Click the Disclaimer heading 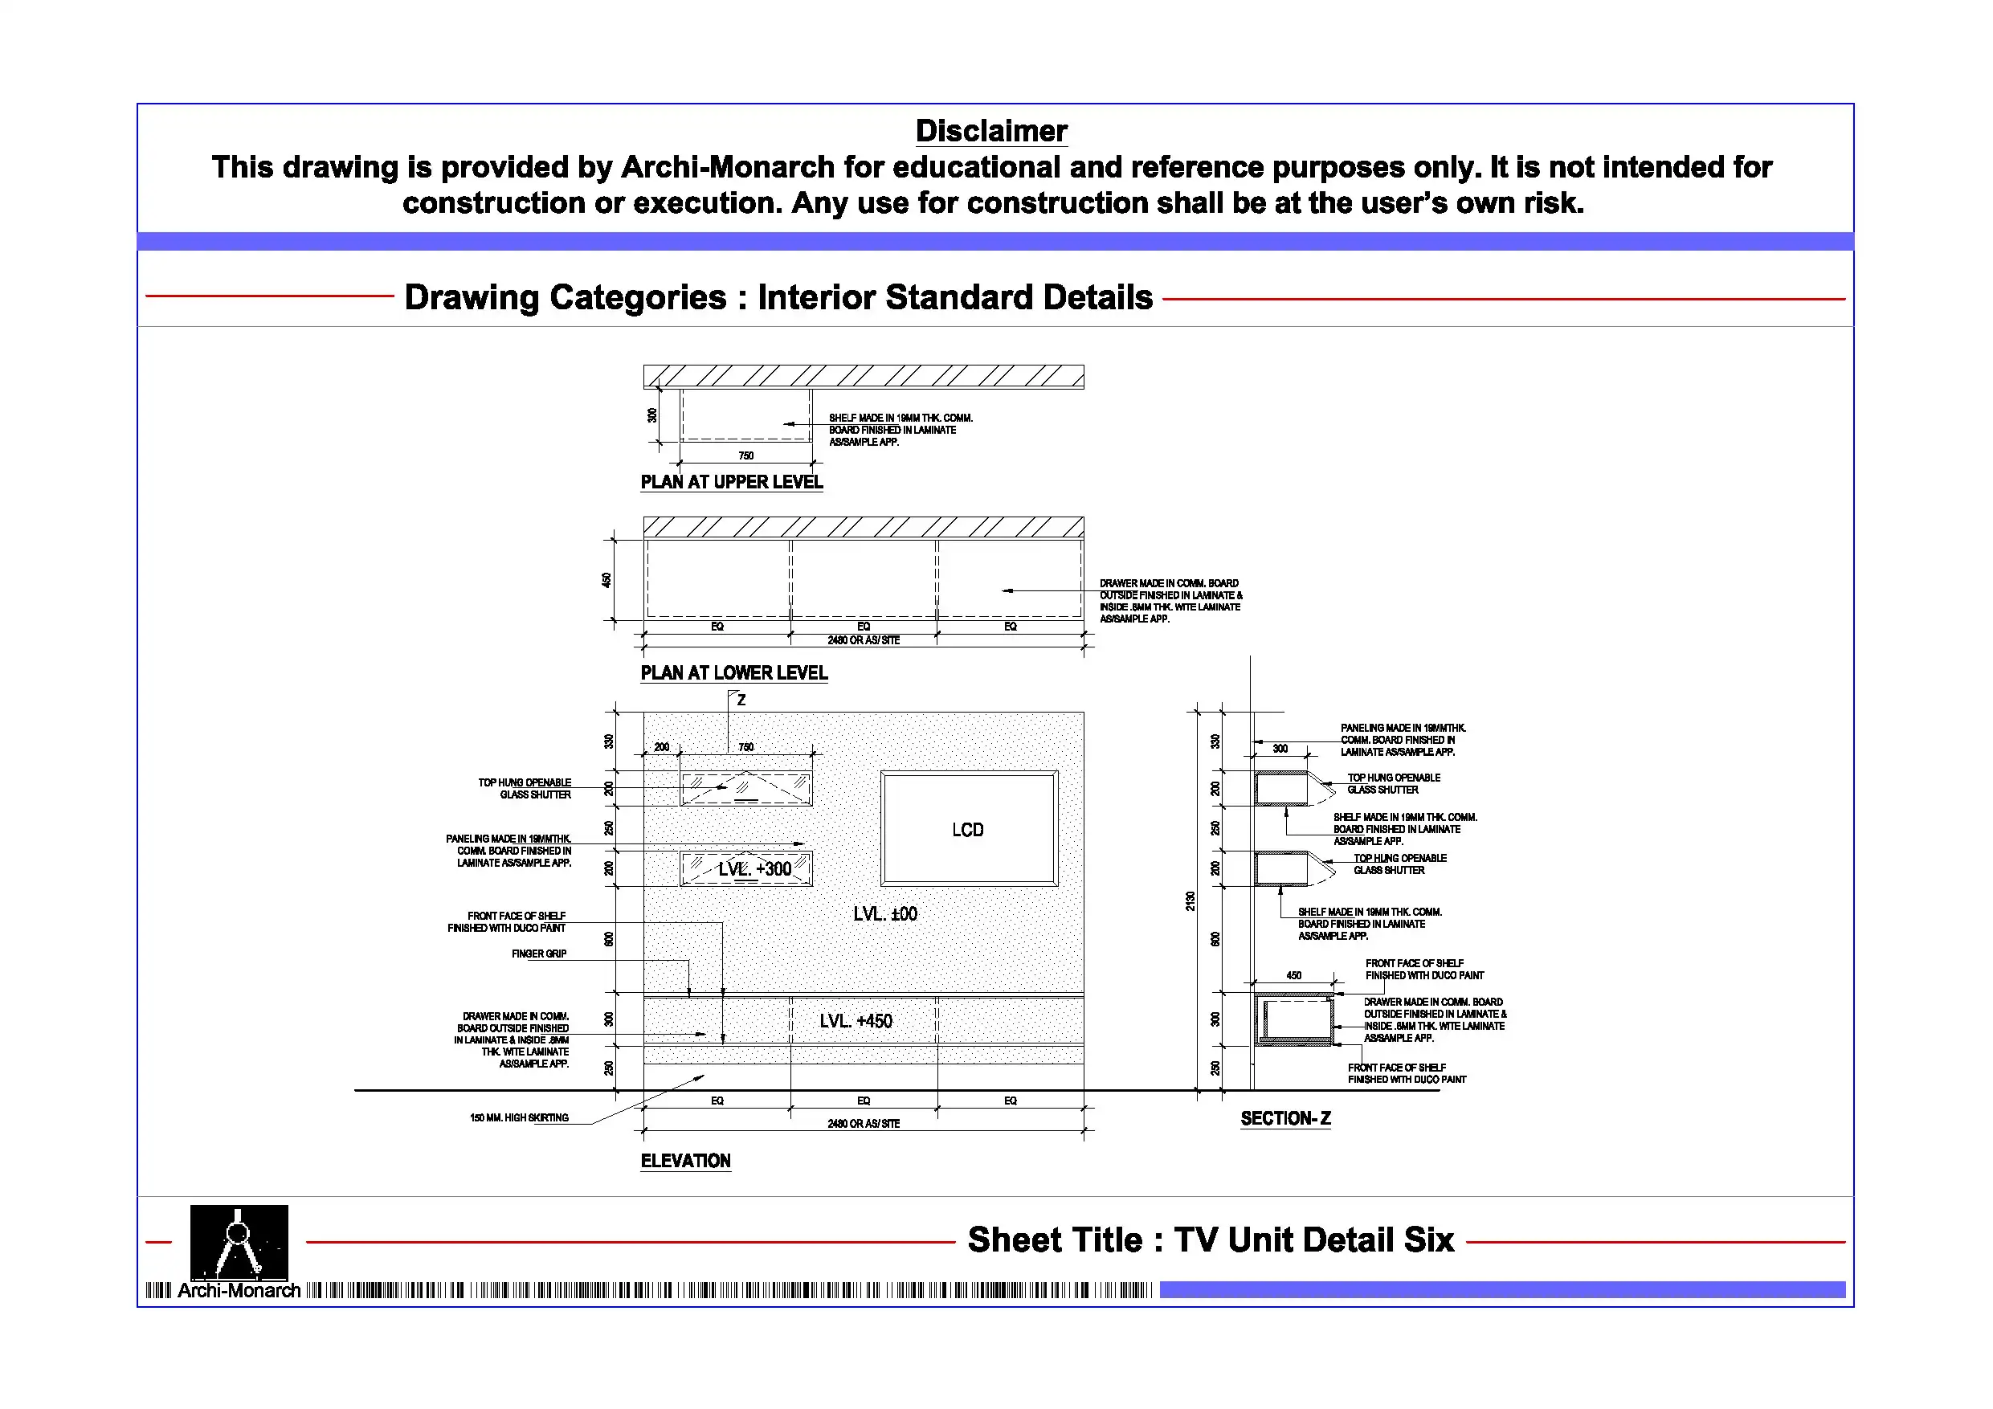click(x=990, y=131)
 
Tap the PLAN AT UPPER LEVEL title click(x=731, y=483)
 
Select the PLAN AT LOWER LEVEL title click(x=733, y=674)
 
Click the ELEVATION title click(x=685, y=1162)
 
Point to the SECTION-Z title click(x=1284, y=1119)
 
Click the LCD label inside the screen click(x=967, y=830)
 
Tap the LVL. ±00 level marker click(x=884, y=914)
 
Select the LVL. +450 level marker click(x=855, y=1022)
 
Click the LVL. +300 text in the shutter click(x=754, y=869)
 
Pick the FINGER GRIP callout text click(x=538, y=954)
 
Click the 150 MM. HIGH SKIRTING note click(x=518, y=1118)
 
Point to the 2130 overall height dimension click(x=1190, y=901)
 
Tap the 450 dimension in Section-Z click(x=1293, y=976)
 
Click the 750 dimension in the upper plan click(x=745, y=455)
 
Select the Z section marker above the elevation click(x=741, y=700)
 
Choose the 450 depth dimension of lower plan click(x=606, y=580)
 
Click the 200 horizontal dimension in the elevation click(x=661, y=747)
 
